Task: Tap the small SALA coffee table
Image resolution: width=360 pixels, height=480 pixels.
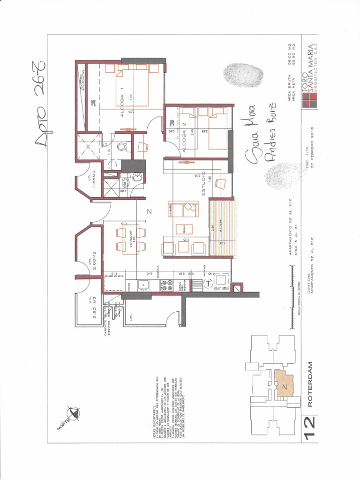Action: (x=184, y=229)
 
